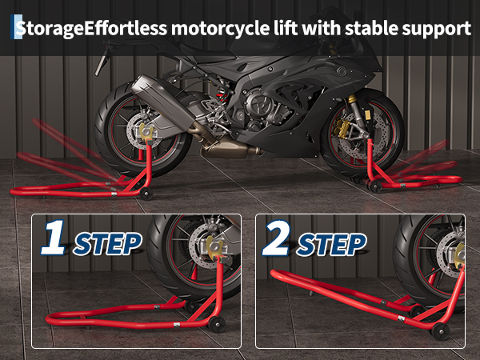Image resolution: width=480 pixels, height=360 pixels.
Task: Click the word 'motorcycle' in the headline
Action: [220, 29]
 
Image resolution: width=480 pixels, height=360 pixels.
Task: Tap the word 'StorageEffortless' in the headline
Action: [91, 29]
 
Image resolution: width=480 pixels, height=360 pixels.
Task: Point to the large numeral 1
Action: [54, 238]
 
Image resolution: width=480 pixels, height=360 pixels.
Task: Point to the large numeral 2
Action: [277, 238]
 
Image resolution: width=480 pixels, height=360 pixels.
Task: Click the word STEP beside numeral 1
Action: [107, 244]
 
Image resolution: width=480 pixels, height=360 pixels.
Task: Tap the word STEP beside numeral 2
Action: [331, 245]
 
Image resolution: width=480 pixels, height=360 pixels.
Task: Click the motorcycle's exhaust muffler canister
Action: [162, 101]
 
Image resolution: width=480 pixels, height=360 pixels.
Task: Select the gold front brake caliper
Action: [340, 128]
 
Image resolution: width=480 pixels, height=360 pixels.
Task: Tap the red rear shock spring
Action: [222, 97]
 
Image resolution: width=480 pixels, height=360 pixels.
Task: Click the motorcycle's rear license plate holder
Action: [102, 62]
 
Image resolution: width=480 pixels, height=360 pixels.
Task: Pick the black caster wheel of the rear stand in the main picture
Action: [146, 194]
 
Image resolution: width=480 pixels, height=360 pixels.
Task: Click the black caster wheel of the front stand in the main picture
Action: [376, 186]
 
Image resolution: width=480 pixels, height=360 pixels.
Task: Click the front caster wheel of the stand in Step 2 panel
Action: [440, 331]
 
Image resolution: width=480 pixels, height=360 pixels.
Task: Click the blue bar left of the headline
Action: [12, 27]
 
